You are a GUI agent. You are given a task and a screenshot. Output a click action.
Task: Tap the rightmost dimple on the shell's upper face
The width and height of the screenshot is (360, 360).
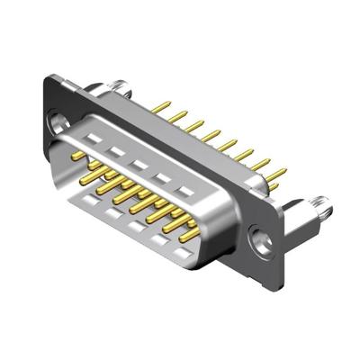(x=187, y=192)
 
